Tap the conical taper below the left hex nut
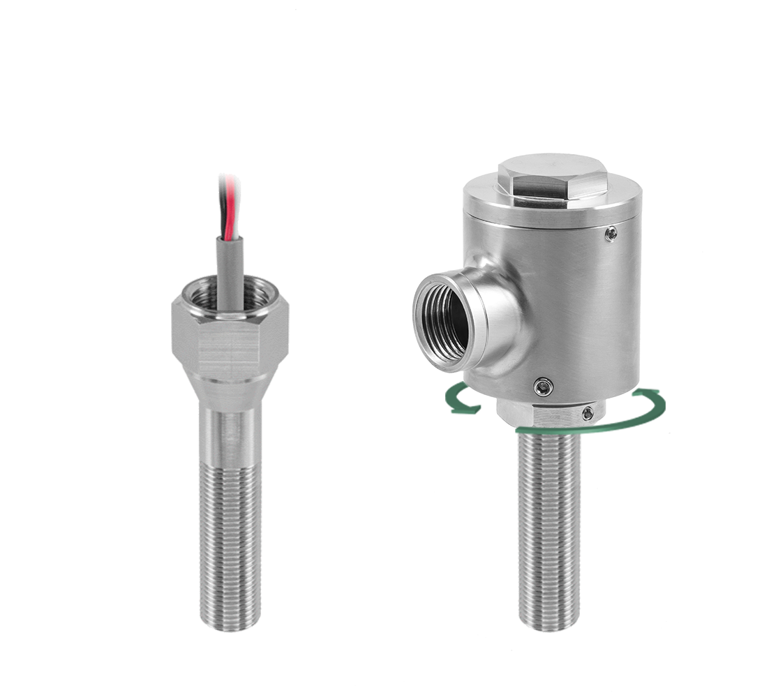click(230, 394)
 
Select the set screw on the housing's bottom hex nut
click(588, 414)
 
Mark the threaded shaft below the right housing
click(549, 530)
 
